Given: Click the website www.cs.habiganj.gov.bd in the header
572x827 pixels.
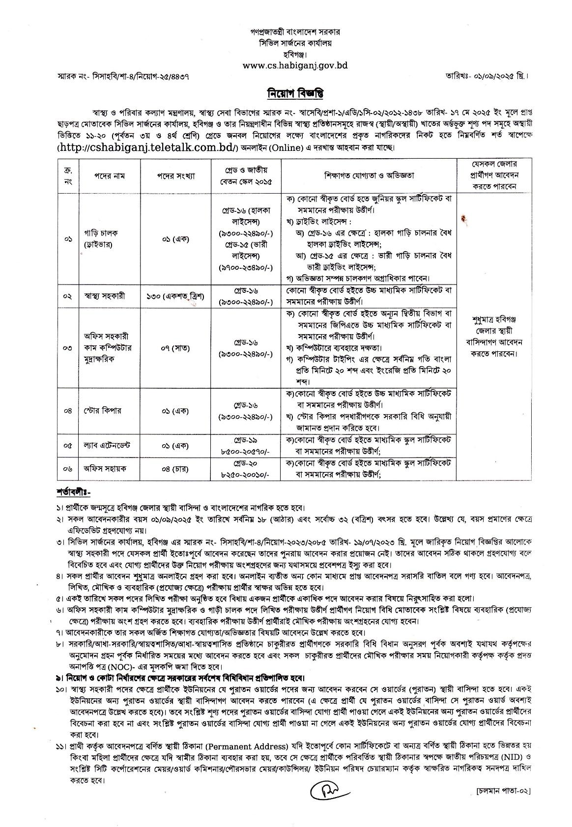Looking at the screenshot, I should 295,65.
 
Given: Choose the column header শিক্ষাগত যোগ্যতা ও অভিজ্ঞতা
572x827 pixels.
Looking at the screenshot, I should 369,175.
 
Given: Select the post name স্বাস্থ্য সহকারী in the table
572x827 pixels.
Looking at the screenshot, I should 104,296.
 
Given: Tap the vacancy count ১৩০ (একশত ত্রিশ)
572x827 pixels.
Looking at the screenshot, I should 176,296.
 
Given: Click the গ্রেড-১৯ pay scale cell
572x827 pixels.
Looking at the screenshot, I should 246,445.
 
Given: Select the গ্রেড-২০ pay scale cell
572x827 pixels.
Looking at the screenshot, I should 246,469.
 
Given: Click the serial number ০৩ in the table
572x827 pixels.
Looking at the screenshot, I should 68,348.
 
